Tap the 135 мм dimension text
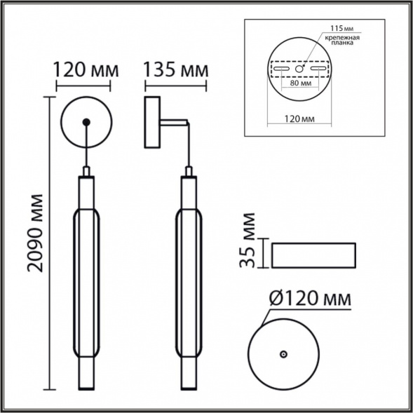point(176,71)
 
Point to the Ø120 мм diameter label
point(309,300)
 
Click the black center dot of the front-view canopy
point(86,123)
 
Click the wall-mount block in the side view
point(150,123)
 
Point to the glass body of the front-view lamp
point(86,280)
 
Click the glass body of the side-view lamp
point(187,280)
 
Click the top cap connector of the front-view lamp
point(86,172)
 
